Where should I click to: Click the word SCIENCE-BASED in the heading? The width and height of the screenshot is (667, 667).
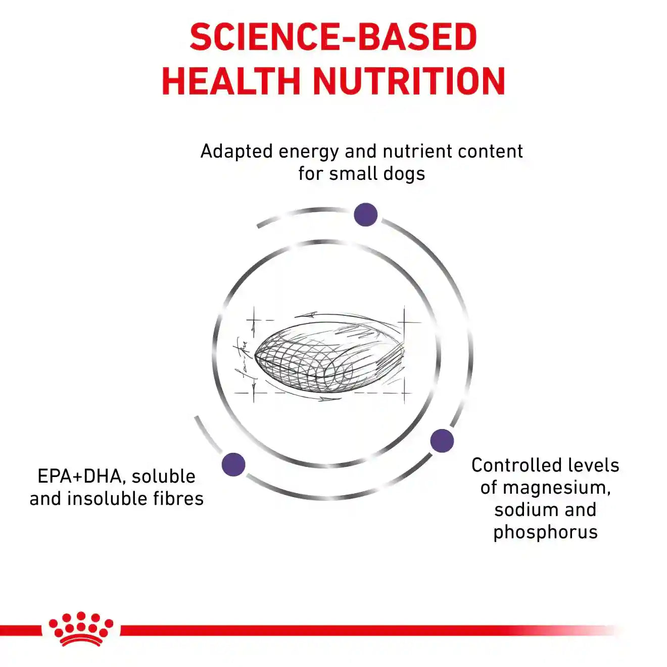[333, 36]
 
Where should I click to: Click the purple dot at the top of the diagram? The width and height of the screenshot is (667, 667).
[365, 215]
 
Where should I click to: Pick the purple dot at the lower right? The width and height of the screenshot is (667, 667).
[442, 441]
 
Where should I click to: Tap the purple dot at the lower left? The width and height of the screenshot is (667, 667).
[233, 464]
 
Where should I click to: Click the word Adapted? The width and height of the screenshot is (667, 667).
[237, 152]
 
